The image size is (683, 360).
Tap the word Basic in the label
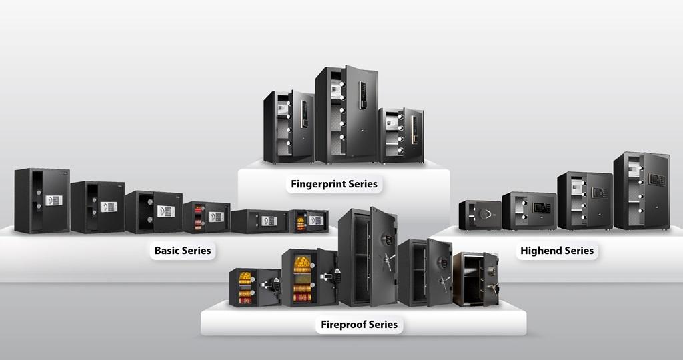click(x=167, y=251)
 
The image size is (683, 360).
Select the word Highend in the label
click(x=542, y=251)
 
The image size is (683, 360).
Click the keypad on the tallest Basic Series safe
click(x=53, y=200)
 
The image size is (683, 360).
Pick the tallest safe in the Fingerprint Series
click(x=346, y=115)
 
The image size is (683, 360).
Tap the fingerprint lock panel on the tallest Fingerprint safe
click(x=363, y=95)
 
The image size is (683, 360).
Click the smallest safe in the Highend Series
click(x=480, y=215)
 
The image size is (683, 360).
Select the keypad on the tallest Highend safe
click(x=656, y=179)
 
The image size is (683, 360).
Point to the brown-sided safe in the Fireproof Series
click(x=475, y=279)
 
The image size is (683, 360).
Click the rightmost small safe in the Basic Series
click(x=308, y=221)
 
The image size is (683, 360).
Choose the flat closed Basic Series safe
click(x=259, y=221)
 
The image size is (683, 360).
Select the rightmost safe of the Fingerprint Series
click(x=401, y=135)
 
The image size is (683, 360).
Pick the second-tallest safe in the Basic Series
click(x=97, y=207)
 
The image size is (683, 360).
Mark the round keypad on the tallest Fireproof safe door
click(x=385, y=239)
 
